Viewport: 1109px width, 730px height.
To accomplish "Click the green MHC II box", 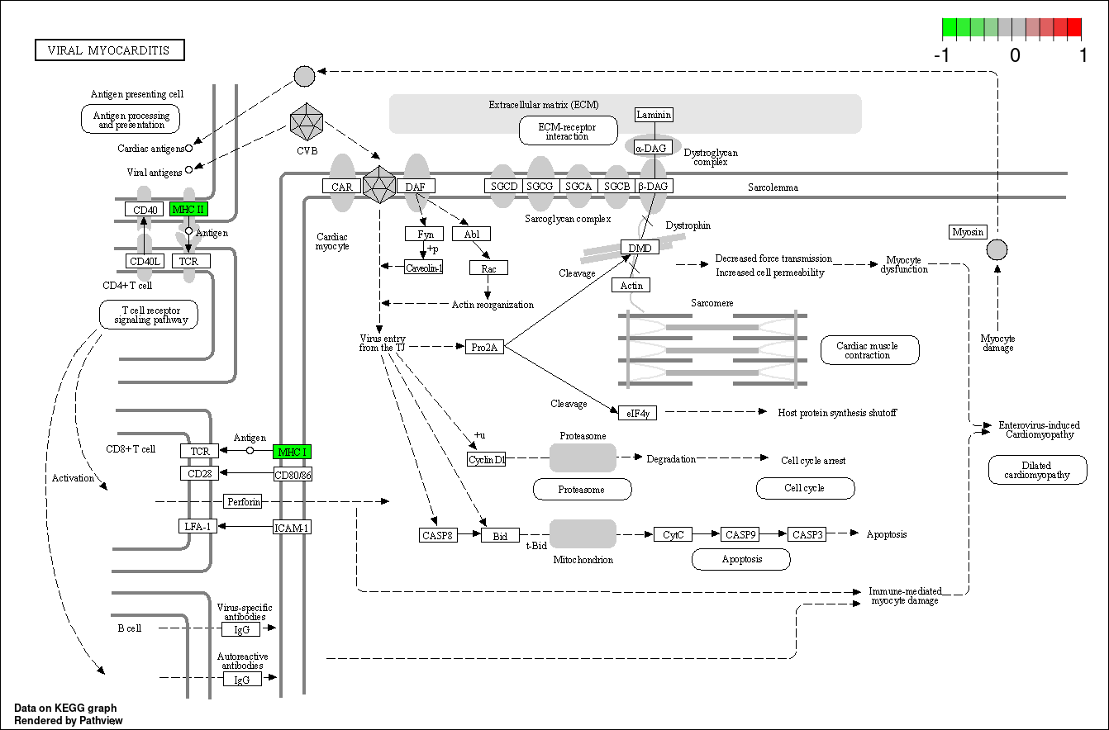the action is (x=188, y=209).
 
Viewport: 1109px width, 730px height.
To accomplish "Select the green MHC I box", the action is (x=292, y=452).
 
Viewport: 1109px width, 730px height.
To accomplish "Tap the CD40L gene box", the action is (x=145, y=261).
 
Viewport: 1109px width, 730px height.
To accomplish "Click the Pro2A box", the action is (x=485, y=347).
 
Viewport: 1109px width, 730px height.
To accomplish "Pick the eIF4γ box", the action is (x=638, y=413).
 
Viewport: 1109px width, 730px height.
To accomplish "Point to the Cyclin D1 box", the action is (x=487, y=459).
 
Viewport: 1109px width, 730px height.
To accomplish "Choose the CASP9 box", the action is (x=740, y=534).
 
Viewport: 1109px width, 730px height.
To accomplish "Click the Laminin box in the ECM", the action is (x=654, y=115).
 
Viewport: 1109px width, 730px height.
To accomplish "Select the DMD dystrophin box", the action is (x=640, y=247).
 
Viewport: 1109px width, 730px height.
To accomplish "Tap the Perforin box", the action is (x=243, y=501).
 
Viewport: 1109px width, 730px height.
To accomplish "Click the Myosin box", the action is (x=968, y=232).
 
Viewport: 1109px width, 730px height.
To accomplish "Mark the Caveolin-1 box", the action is (x=424, y=267).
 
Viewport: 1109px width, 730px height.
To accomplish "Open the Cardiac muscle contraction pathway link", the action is (x=870, y=350).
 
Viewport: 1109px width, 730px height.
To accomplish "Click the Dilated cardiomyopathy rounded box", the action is (x=1038, y=470).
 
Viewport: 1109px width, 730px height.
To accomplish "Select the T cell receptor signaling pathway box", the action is (x=149, y=315).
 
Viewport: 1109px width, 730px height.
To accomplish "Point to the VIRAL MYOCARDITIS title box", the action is (x=110, y=50).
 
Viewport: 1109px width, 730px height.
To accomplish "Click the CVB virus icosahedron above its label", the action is (x=307, y=121).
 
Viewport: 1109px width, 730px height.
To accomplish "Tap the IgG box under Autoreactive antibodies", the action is (x=241, y=680).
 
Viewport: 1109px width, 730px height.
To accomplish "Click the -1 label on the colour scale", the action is (x=942, y=55).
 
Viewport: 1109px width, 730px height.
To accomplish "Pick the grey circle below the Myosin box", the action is (x=997, y=249).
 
